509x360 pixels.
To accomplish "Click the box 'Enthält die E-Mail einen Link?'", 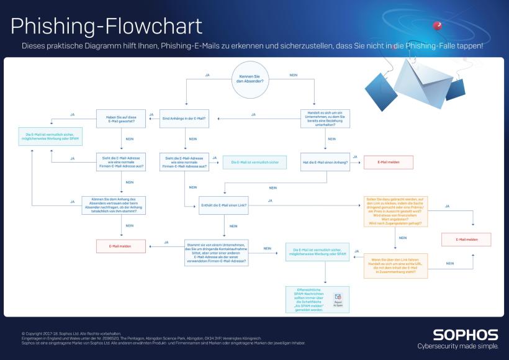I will [224, 205].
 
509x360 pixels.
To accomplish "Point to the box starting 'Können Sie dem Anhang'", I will [120, 205].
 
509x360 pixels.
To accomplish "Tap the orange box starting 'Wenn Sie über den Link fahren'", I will [396, 266].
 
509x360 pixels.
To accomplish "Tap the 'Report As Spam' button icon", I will [338, 299].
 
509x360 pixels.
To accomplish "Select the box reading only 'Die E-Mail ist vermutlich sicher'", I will [254, 162].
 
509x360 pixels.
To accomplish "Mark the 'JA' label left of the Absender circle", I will [207, 75].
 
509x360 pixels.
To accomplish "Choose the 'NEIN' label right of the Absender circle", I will [293, 75].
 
